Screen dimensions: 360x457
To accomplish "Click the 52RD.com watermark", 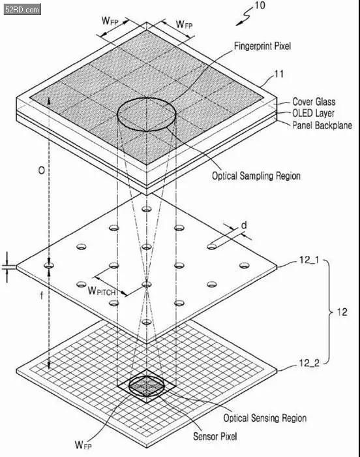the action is (22, 9).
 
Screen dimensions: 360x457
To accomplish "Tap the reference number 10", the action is (260, 5).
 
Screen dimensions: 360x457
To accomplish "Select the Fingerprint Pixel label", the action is (262, 46).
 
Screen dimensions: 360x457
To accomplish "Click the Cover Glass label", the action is (314, 101).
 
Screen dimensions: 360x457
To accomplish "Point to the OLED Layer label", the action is (313, 113).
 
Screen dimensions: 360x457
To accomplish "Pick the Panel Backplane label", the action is (322, 125).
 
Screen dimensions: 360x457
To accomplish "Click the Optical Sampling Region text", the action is (256, 176).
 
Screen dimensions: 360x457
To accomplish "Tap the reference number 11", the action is (278, 74).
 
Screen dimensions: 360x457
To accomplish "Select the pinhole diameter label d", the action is (244, 225).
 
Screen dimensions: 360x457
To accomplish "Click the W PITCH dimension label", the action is (102, 291).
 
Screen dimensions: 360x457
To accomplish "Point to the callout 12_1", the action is (309, 259).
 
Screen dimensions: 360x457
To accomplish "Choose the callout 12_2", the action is (309, 363).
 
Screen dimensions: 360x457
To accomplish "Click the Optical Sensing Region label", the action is (265, 418).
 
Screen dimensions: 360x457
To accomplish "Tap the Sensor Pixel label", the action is (215, 436).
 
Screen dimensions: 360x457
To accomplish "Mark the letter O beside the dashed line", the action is (42, 170).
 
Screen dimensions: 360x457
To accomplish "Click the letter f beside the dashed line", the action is (41, 295).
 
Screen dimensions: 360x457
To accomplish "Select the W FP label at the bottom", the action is (83, 445).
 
